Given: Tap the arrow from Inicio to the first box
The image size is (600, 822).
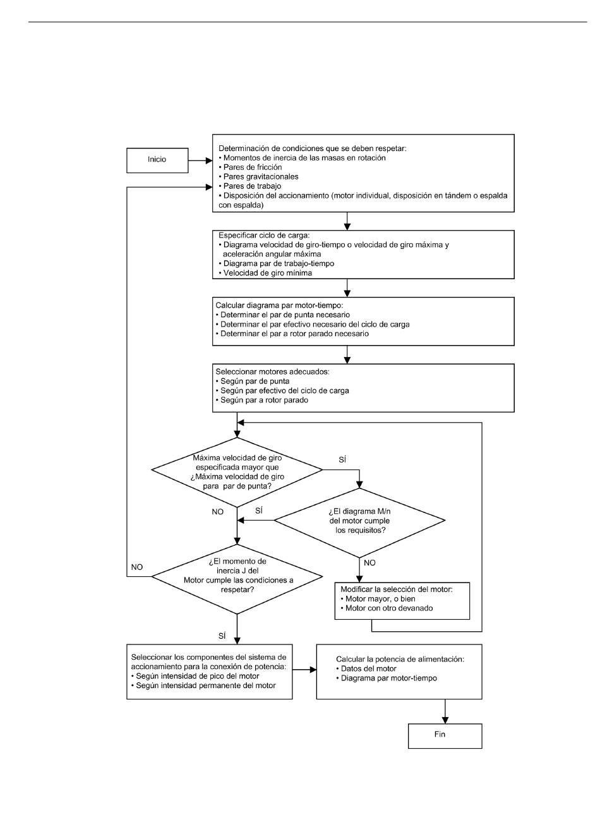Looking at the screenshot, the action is (x=200, y=160).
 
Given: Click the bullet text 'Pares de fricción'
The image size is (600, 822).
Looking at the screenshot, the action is (x=251, y=167).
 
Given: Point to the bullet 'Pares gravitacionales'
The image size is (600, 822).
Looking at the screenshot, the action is (x=258, y=176).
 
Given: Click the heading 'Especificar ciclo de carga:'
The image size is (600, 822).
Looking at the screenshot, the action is (x=264, y=235).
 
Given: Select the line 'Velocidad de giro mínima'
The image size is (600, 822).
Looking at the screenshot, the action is (x=265, y=273).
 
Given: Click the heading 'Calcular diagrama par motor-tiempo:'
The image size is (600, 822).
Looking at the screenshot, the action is (x=279, y=305).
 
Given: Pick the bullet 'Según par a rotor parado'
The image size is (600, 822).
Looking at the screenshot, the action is (x=262, y=400).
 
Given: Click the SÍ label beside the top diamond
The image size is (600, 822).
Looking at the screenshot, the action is (x=342, y=459).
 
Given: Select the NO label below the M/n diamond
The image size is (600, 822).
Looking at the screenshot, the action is (x=369, y=562).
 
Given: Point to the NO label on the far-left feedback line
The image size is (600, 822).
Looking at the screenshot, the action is (x=137, y=567).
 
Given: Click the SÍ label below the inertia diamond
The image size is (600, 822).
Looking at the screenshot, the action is (x=222, y=636).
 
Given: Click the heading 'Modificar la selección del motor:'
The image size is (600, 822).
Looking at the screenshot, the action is (x=397, y=589).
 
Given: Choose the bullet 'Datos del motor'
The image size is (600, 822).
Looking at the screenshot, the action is (x=366, y=668).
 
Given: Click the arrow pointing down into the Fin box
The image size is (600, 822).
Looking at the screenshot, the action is (x=445, y=711).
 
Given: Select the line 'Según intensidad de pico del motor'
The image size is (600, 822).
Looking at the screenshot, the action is (x=195, y=676).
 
